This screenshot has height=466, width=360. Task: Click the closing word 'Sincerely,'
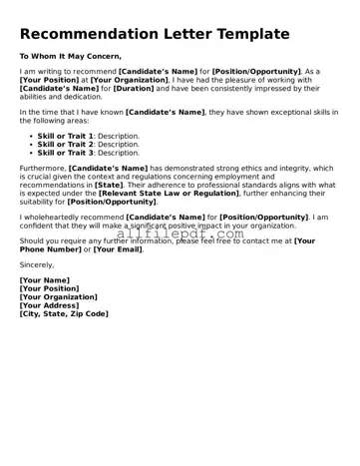point(37,265)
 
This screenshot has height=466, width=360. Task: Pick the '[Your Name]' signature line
point(45,281)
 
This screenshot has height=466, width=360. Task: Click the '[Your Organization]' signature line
point(59,297)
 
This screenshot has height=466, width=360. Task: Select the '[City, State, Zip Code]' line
point(64,314)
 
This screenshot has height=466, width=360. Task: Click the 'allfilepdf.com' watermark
point(180,234)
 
